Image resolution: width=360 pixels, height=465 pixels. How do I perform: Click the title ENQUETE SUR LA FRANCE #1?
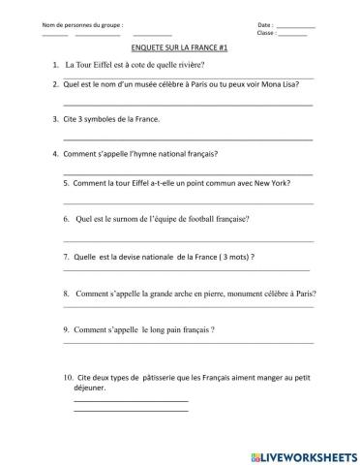(179, 46)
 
